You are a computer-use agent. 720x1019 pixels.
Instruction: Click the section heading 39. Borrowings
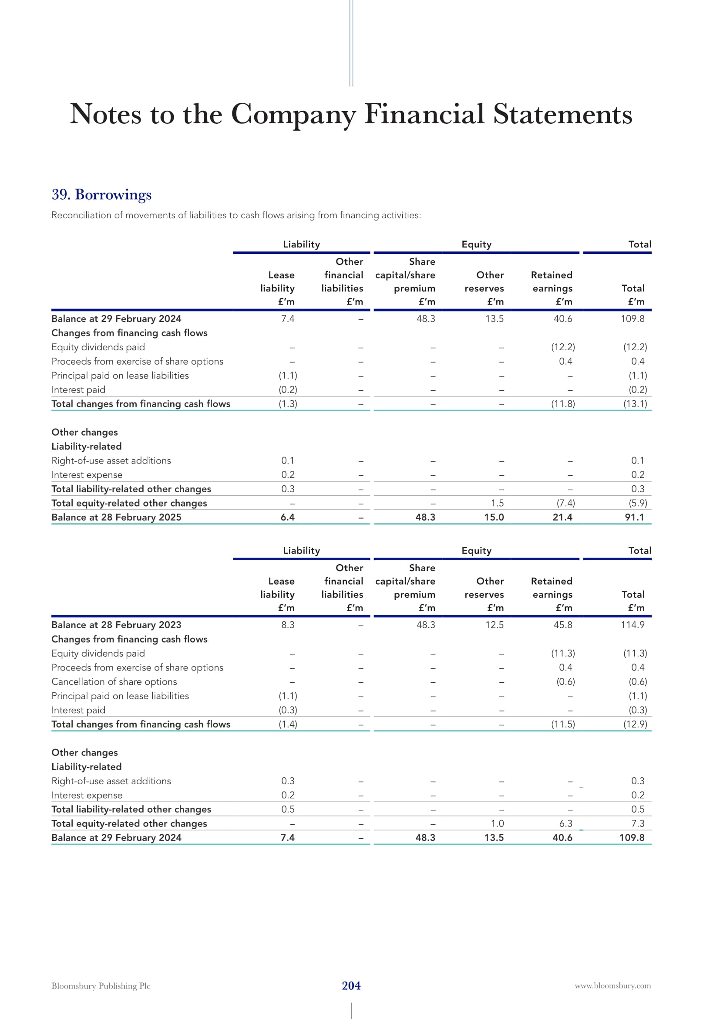[101, 194]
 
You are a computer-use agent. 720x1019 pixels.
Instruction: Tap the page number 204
[351, 985]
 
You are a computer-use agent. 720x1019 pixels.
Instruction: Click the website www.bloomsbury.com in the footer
[613, 986]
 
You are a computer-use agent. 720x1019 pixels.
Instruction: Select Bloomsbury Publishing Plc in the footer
[101, 986]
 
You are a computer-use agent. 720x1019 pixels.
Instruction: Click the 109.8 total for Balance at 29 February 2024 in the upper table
[632, 318]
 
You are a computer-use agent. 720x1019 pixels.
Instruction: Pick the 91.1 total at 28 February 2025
[634, 517]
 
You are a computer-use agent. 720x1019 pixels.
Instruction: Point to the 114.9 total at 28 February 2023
[632, 625]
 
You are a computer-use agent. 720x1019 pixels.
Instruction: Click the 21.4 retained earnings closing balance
[562, 517]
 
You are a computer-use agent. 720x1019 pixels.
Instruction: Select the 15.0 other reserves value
[494, 517]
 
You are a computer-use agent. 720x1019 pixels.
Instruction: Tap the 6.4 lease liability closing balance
[287, 517]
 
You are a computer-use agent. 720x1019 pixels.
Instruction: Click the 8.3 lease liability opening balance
[288, 625]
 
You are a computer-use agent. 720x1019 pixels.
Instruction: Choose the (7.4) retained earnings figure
[566, 503]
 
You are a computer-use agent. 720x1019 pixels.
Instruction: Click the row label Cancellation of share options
[114, 682]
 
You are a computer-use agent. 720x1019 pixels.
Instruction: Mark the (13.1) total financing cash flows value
[635, 404]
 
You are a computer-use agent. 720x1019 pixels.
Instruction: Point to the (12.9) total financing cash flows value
[635, 724]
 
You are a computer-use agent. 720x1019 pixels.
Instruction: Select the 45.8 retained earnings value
[562, 625]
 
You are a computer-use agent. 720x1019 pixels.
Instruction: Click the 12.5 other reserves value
[495, 625]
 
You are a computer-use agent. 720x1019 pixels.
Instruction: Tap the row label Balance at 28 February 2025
[116, 517]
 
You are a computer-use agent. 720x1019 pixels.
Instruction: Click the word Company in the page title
[293, 115]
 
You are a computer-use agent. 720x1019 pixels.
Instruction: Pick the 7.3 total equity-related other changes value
[638, 824]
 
